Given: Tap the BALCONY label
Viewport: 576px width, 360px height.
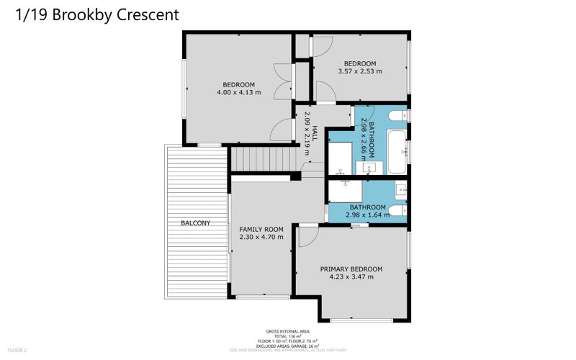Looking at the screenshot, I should (195, 223).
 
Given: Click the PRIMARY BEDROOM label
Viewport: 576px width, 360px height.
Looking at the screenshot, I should (351, 269).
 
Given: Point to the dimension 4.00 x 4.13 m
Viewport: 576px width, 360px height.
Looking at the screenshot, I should (238, 92).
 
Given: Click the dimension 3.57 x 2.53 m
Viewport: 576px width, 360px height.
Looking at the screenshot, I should (359, 71).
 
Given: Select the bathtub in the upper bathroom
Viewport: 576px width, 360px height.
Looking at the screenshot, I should (396, 152).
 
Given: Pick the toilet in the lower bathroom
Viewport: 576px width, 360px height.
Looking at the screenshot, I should (397, 211).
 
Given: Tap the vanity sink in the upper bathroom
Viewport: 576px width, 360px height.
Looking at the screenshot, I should (369, 168).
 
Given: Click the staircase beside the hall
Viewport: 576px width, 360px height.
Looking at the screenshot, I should (264, 157).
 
